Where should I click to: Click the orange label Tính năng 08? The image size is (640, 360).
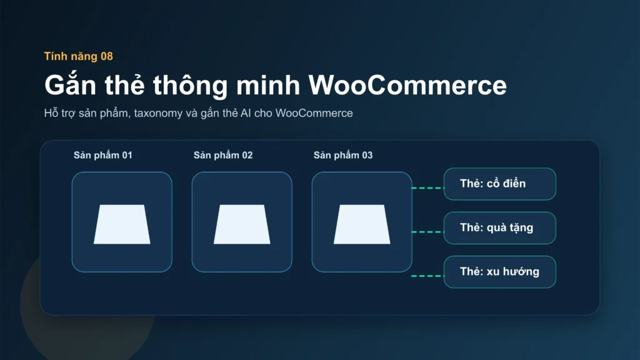pyautogui.click(x=78, y=56)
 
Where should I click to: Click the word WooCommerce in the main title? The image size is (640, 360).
pyautogui.click(x=408, y=84)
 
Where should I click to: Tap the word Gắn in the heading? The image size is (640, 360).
pyautogui.click(x=72, y=84)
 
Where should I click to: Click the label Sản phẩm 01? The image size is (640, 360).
pyautogui.click(x=102, y=155)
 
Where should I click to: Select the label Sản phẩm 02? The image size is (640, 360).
pyautogui.click(x=223, y=155)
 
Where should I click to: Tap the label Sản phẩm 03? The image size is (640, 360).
pyautogui.click(x=343, y=155)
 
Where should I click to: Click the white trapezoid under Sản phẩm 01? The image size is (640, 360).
pyautogui.click(x=122, y=224)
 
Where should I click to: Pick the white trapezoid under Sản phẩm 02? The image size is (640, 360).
pyautogui.click(x=242, y=224)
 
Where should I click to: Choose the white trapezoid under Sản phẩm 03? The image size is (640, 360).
pyautogui.click(x=362, y=224)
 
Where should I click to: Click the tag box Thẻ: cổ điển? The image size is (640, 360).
pyautogui.click(x=499, y=184)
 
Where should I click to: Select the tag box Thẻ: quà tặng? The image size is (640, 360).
pyautogui.click(x=499, y=227)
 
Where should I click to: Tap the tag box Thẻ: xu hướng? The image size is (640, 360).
pyautogui.click(x=499, y=272)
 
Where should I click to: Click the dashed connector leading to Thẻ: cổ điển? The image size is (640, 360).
pyautogui.click(x=427, y=187)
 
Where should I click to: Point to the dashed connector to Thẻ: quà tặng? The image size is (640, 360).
pyautogui.click(x=427, y=231)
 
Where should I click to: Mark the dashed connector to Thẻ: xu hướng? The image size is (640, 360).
pyautogui.click(x=427, y=276)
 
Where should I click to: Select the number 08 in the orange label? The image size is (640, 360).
pyautogui.click(x=106, y=56)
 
